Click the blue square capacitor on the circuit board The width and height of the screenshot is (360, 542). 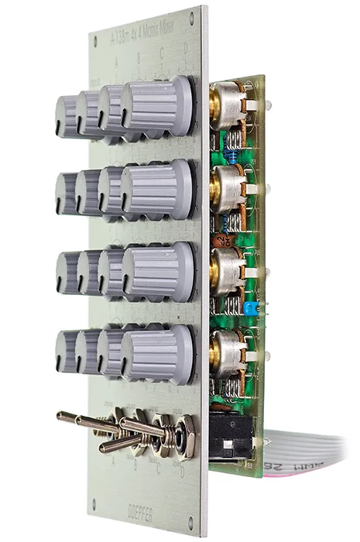[x=249, y=308]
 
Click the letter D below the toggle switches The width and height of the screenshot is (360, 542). [x=183, y=472]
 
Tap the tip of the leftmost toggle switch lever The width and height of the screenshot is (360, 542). [x=60, y=416]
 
